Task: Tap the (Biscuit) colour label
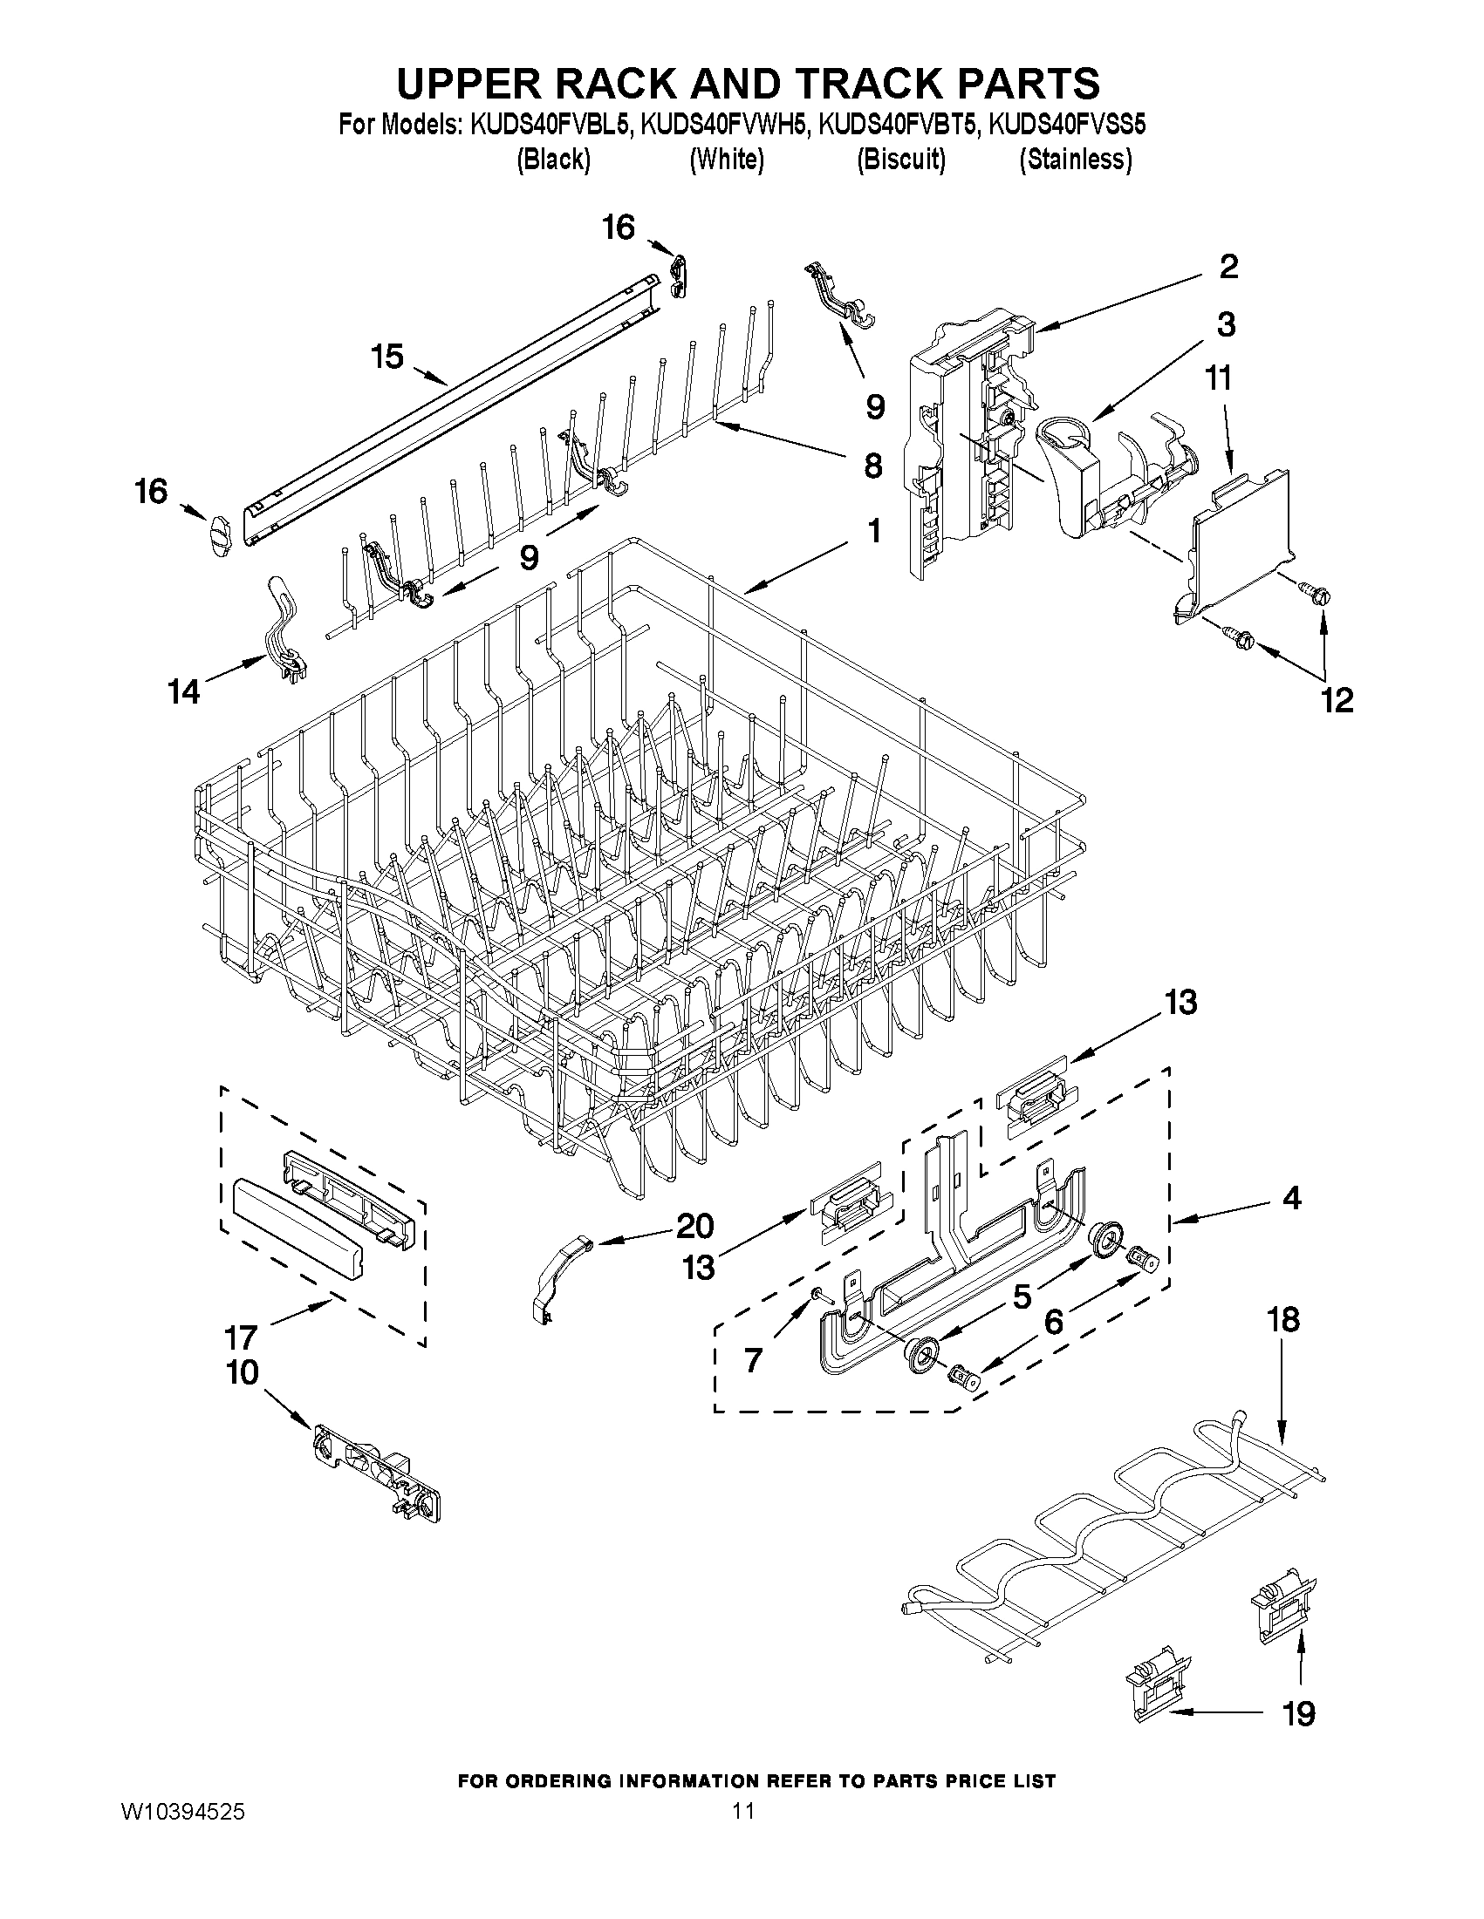point(901,159)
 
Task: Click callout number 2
point(1228,266)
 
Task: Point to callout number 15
point(386,357)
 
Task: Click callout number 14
point(184,691)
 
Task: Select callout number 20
point(694,1225)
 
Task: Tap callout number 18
point(1283,1344)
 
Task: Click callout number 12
point(1337,699)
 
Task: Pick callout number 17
point(239,1338)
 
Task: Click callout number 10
point(243,1372)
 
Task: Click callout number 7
point(753,1361)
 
